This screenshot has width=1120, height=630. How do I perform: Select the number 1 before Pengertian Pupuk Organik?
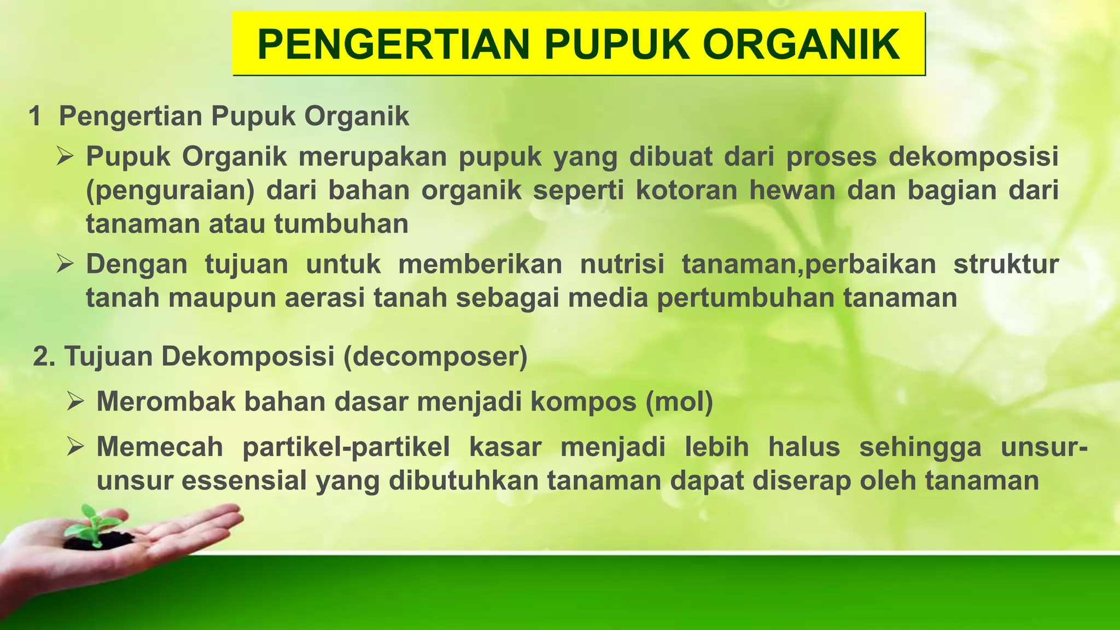point(35,116)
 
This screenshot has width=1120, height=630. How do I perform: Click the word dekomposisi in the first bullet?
point(973,157)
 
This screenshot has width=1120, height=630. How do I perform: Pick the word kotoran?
point(686,191)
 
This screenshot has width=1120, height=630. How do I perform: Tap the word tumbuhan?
point(341,224)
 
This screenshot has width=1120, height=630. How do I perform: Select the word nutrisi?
point(622,264)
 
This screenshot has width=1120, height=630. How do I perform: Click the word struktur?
point(1006,264)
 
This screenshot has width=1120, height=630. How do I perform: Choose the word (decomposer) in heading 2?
point(435,357)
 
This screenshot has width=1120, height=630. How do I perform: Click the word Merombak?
point(165,402)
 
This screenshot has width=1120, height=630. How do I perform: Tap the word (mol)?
point(679,402)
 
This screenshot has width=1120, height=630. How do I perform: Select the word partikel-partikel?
point(346,447)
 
